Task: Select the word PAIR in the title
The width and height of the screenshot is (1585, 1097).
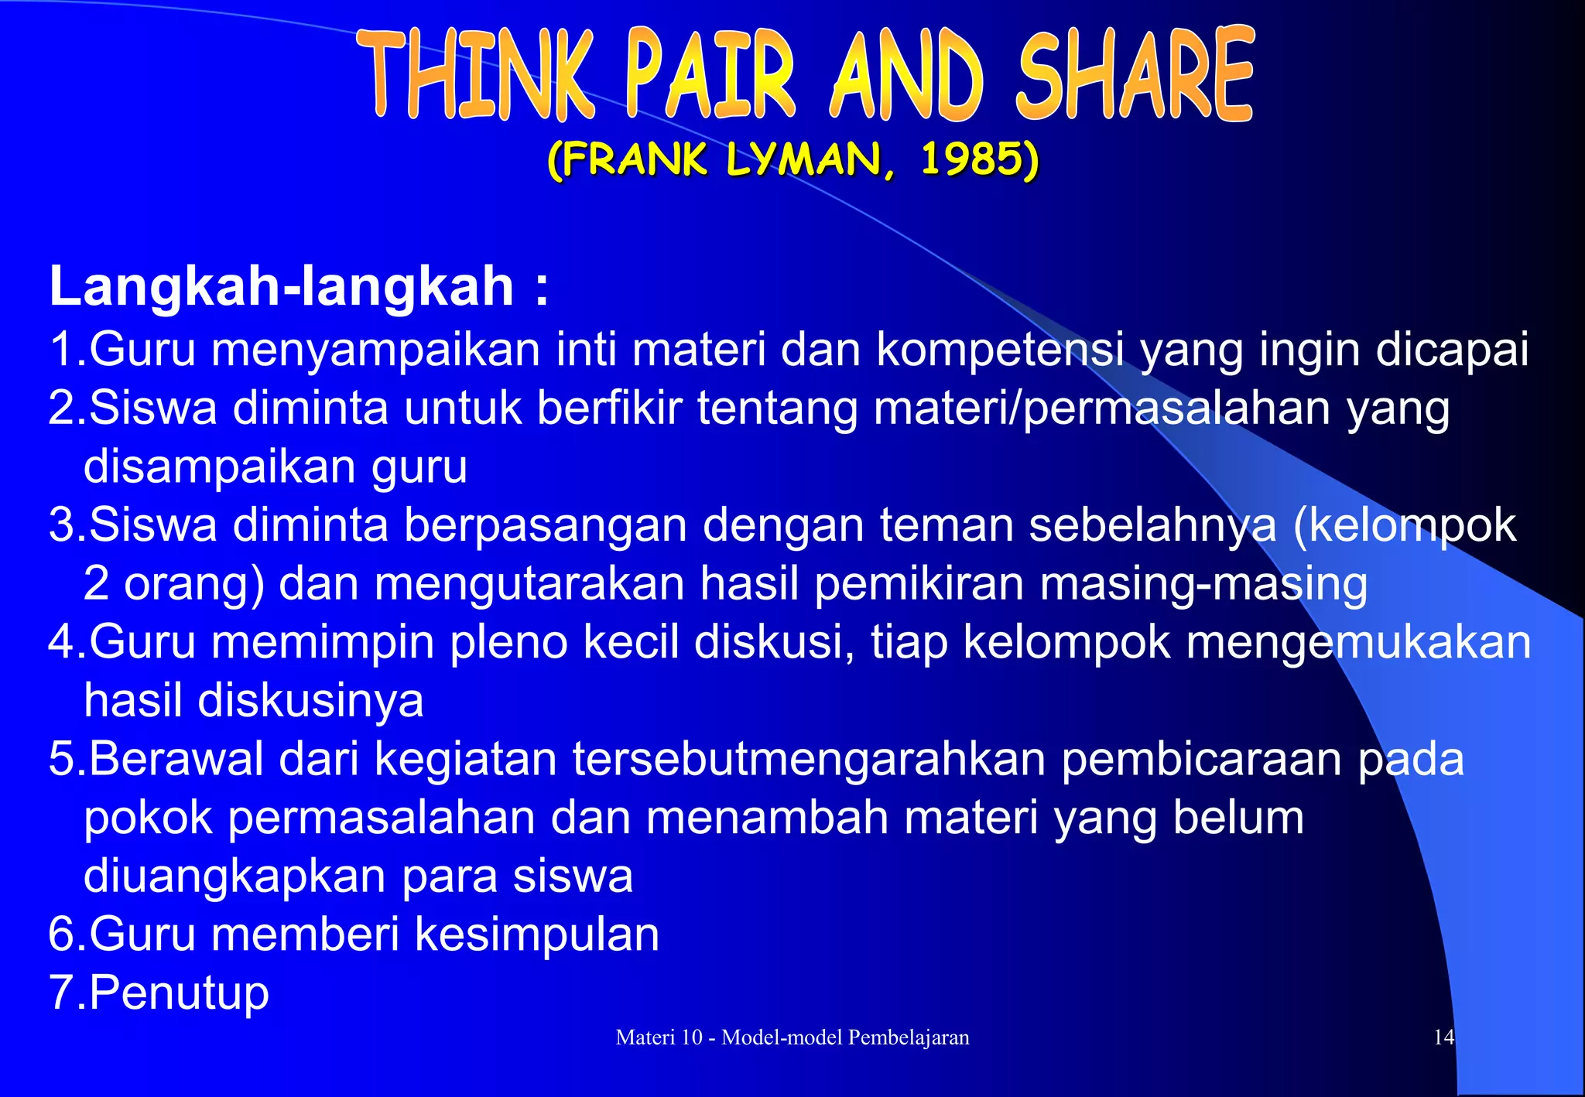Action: [x=710, y=76]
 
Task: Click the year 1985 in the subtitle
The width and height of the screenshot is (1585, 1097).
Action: [x=978, y=160]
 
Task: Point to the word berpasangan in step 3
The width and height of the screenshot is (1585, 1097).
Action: [x=545, y=525]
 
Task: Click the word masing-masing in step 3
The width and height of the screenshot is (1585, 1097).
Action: [x=1203, y=583]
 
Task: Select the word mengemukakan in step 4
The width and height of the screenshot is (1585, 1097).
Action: [x=1358, y=642]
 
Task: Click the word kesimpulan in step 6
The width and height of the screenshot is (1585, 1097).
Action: [x=537, y=935]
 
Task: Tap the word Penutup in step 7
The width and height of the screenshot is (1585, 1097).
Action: [x=180, y=993]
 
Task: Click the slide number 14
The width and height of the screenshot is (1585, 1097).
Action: [x=1443, y=1037]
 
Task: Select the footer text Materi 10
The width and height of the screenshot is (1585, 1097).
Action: [x=658, y=1037]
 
